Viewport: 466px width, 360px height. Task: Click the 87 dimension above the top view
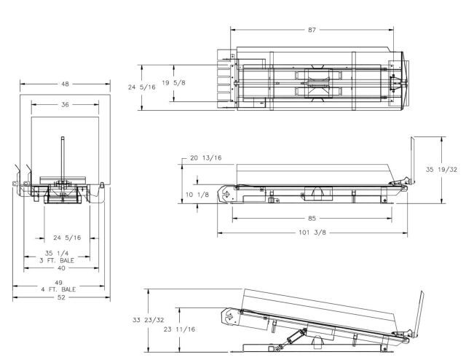[x=312, y=30]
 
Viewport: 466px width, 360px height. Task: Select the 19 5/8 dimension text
[x=173, y=82]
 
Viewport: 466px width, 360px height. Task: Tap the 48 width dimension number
[x=65, y=84]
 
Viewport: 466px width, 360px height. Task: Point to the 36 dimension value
[x=65, y=104]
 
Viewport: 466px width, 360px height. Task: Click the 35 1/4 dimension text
[x=57, y=253]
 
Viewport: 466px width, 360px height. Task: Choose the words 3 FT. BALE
[x=57, y=260]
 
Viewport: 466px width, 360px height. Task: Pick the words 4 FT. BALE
[x=58, y=289]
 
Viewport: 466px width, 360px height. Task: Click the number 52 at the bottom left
[x=61, y=297]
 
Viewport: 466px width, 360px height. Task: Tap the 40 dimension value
[x=61, y=268]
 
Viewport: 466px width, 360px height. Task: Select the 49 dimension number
[x=58, y=282]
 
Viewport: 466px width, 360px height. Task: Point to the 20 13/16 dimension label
[x=205, y=157]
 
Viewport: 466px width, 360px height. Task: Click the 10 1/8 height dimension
[x=197, y=195]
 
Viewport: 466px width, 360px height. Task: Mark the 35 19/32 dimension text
[x=441, y=170]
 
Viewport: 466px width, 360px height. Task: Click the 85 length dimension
[x=312, y=219]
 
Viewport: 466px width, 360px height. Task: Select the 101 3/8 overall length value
[x=312, y=232]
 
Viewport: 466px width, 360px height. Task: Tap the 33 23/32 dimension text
[x=149, y=320]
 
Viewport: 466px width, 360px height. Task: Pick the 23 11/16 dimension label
[x=180, y=329]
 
